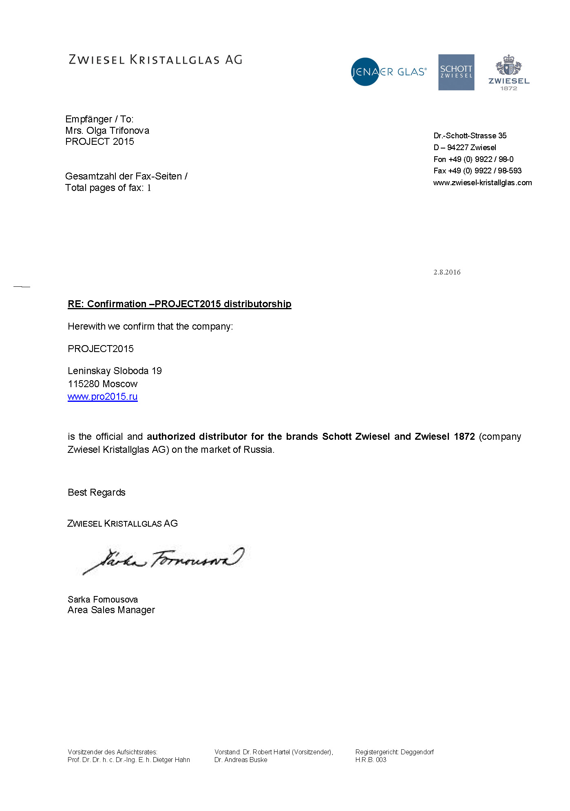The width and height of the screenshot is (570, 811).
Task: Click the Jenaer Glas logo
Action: pos(388,72)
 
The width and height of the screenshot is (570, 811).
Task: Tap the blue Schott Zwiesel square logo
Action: pos(456,72)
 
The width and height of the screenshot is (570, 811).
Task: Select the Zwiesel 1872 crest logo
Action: pos(509,72)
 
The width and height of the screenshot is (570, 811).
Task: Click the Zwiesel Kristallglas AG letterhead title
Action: pos(155,60)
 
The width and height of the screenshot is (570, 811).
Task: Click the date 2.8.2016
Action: pos(447,272)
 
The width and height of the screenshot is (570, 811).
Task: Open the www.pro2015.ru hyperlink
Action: pos(103,397)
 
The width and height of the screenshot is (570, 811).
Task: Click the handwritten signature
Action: pos(163,560)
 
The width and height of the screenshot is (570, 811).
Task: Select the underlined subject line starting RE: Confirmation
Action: pos(179,304)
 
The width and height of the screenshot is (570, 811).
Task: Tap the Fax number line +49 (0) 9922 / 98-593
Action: pos(477,171)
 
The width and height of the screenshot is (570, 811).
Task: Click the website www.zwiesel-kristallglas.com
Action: pos(482,182)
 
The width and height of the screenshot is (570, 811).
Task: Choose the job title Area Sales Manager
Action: pos(111,610)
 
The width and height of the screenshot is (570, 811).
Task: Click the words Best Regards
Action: pos(97,492)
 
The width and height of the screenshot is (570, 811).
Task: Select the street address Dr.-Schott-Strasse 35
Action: pos(470,135)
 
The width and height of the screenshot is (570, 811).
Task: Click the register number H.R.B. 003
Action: pos(371,760)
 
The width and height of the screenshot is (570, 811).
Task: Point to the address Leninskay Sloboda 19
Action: pos(115,371)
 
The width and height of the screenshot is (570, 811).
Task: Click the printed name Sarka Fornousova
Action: pos(103,599)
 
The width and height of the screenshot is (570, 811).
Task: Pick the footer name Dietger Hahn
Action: pos(171,760)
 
